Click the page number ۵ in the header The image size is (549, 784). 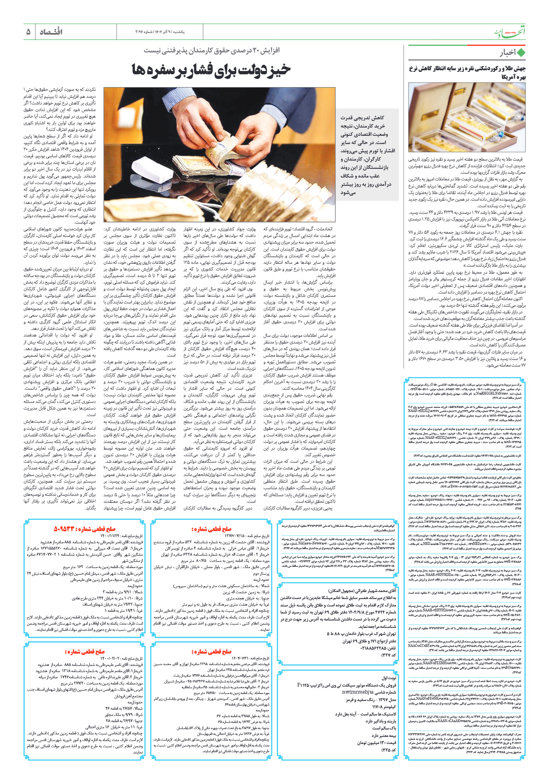[x=28, y=32]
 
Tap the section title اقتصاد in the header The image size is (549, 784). [x=51, y=32]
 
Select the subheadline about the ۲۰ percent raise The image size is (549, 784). [x=212, y=50]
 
